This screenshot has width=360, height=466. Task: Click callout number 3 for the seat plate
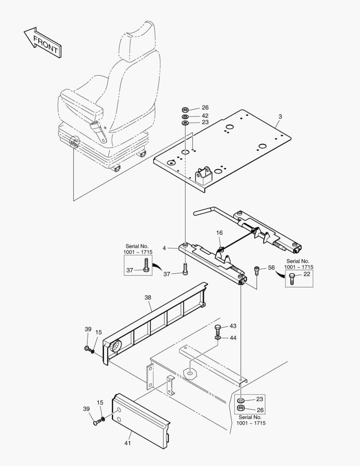(x=280, y=117)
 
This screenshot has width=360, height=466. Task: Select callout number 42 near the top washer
(x=205, y=116)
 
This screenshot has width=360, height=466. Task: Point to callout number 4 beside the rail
(x=164, y=248)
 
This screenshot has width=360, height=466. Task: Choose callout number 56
(x=271, y=268)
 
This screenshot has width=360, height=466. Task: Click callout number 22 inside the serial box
(x=307, y=274)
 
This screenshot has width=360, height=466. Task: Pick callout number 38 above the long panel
(x=148, y=298)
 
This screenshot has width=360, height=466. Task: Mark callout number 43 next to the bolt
(x=233, y=326)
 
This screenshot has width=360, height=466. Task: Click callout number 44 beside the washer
(x=233, y=338)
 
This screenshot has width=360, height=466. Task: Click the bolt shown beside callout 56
(x=257, y=270)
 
